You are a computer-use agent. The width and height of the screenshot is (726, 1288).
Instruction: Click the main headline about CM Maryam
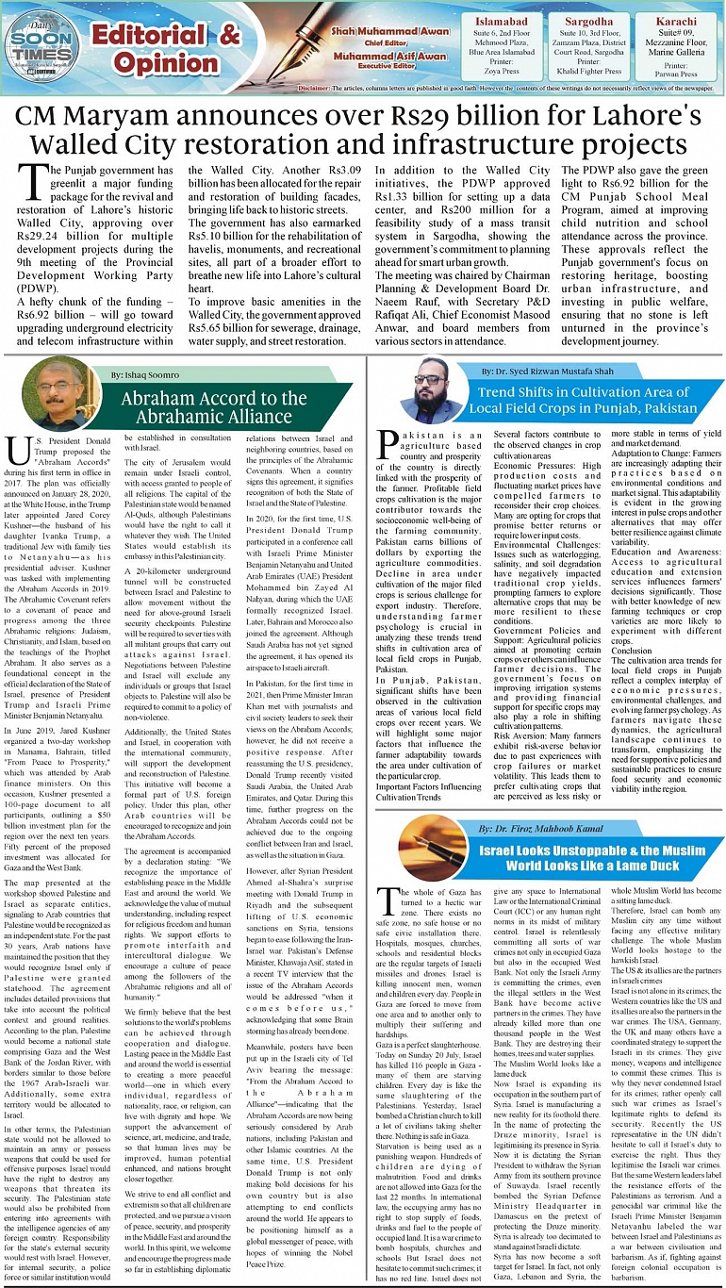(363, 132)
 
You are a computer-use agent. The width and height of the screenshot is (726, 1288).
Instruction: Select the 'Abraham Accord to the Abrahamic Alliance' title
(214, 405)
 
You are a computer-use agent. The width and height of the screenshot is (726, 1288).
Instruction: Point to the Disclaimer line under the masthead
(509, 88)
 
